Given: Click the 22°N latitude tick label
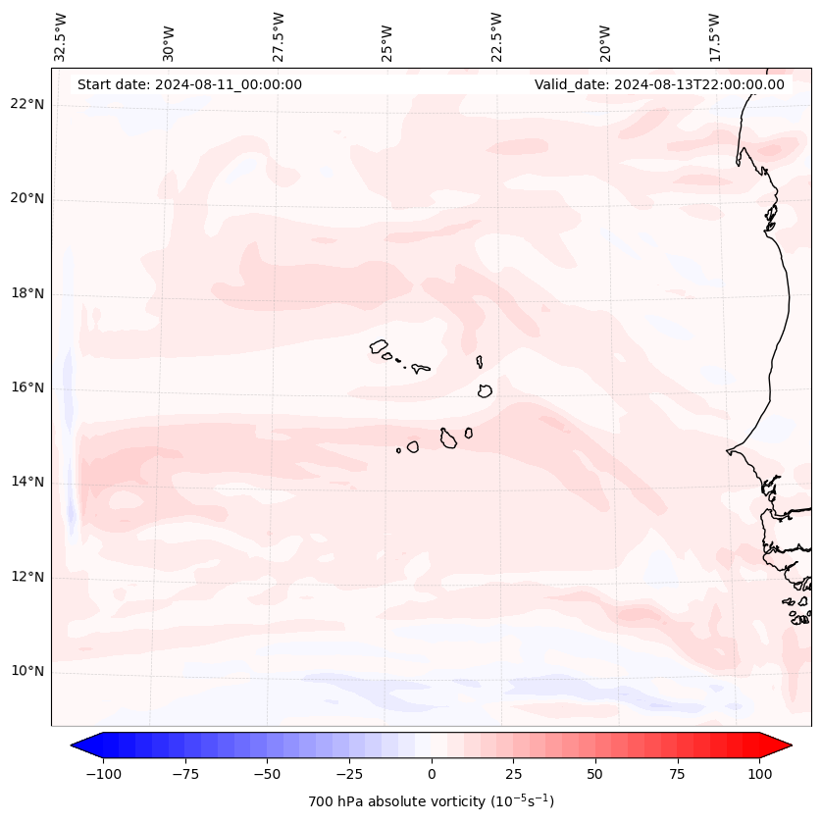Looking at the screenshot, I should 27,104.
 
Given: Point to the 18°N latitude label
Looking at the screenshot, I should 27,293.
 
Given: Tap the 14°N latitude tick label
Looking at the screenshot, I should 27,482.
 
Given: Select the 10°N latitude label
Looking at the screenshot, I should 27,671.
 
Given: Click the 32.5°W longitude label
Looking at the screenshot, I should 61,36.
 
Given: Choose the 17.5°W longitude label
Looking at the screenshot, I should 714,36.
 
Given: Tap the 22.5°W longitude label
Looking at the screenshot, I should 496,36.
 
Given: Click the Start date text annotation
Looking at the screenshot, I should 189,84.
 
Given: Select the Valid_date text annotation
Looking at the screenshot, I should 659,84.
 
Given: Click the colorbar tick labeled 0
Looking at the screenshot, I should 432,774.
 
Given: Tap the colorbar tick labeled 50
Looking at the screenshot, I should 595,774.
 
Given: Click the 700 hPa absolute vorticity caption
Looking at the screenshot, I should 432,801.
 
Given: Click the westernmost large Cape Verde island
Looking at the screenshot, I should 379,345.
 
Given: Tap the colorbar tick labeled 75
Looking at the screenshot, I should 677,774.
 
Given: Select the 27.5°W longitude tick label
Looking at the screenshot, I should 279,36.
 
